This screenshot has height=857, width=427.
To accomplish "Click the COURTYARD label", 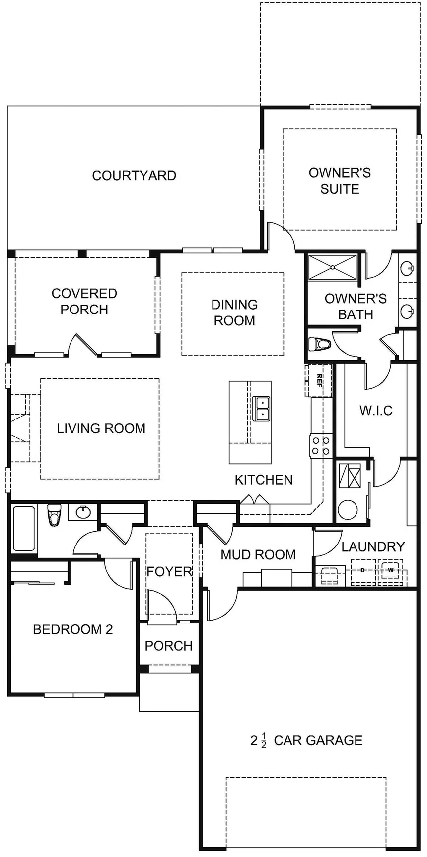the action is tap(134, 175).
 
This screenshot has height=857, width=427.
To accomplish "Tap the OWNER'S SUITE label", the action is tap(340, 181).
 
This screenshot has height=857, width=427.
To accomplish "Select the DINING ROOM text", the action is tap(234, 312).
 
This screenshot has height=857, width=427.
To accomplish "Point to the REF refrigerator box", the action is tap(318, 381).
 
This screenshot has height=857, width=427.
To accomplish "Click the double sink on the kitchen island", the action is tap(261, 409).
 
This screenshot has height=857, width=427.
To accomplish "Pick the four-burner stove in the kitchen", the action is tap(320, 446).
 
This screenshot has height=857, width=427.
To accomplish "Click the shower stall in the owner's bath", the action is tap(332, 267).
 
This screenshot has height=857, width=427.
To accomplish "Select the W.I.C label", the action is tap(376, 411).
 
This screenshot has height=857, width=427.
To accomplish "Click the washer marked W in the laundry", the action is tap(391, 570).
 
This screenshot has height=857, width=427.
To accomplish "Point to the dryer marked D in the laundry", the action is tap(363, 570).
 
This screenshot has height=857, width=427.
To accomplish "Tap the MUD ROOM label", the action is tap(258, 554).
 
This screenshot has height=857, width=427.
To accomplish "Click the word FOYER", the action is tap(169, 571).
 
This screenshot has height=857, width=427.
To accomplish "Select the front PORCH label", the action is tap(169, 646).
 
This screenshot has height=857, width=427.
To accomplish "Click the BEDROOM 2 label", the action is tap(73, 629).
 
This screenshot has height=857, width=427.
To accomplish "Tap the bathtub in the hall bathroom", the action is tap(24, 529).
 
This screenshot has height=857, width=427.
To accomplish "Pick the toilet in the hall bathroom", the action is tap(53, 514).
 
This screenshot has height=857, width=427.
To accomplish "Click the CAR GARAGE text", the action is tap(318, 740).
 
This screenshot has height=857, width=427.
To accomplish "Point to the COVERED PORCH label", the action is tap(84, 301).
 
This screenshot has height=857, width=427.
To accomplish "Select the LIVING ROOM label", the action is tap(101, 428).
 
